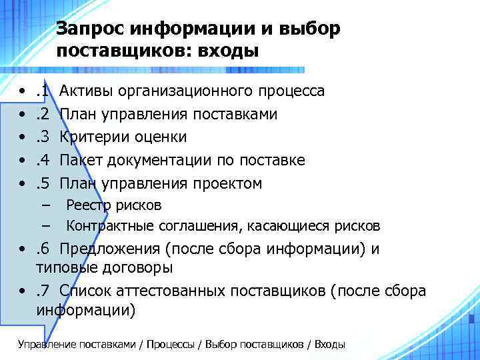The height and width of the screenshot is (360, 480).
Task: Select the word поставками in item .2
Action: [235, 114]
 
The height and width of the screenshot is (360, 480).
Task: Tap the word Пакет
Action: [79, 161]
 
